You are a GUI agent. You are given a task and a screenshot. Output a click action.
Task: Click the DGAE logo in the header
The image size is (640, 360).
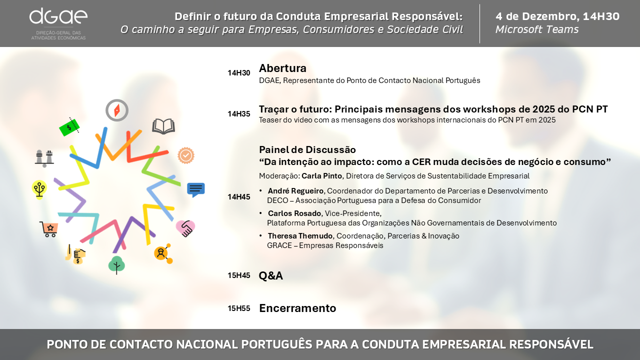click(x=58, y=24)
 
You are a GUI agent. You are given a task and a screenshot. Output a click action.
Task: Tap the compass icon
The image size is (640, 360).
click(x=117, y=110)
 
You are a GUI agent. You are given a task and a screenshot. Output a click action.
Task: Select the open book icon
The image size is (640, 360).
click(x=163, y=126)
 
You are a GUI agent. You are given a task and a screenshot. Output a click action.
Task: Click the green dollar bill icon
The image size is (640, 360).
click(x=69, y=127)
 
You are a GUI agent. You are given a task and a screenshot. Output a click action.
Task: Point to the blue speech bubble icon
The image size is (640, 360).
click(x=196, y=189)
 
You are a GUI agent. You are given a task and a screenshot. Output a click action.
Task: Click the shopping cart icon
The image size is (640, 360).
click(x=49, y=229)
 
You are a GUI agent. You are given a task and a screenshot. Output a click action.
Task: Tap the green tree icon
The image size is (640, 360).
click(x=116, y=265)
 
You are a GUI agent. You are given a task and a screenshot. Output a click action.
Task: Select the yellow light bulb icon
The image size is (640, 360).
click(x=39, y=189)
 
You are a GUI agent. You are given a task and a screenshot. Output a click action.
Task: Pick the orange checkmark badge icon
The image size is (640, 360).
click(x=186, y=155)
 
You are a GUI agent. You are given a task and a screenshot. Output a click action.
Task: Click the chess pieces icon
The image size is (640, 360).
click(x=44, y=158)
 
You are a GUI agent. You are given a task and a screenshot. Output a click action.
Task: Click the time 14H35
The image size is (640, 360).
click(x=239, y=114)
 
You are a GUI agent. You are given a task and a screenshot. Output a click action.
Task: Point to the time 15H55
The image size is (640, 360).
click(x=239, y=308)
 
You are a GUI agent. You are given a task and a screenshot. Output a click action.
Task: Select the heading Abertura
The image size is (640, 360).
click(x=282, y=68)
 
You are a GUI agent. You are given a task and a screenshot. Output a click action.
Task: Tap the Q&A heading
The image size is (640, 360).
click(x=271, y=275)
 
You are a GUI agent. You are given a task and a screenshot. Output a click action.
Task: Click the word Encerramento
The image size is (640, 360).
click(x=297, y=308)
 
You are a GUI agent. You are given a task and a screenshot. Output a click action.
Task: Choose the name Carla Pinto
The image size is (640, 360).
click(x=321, y=176)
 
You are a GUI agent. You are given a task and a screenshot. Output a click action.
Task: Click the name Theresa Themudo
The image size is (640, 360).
click(x=300, y=236)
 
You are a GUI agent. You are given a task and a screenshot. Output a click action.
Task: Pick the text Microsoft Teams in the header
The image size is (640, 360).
click(x=537, y=29)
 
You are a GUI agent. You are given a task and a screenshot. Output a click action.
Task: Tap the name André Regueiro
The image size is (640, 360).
click(x=295, y=191)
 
